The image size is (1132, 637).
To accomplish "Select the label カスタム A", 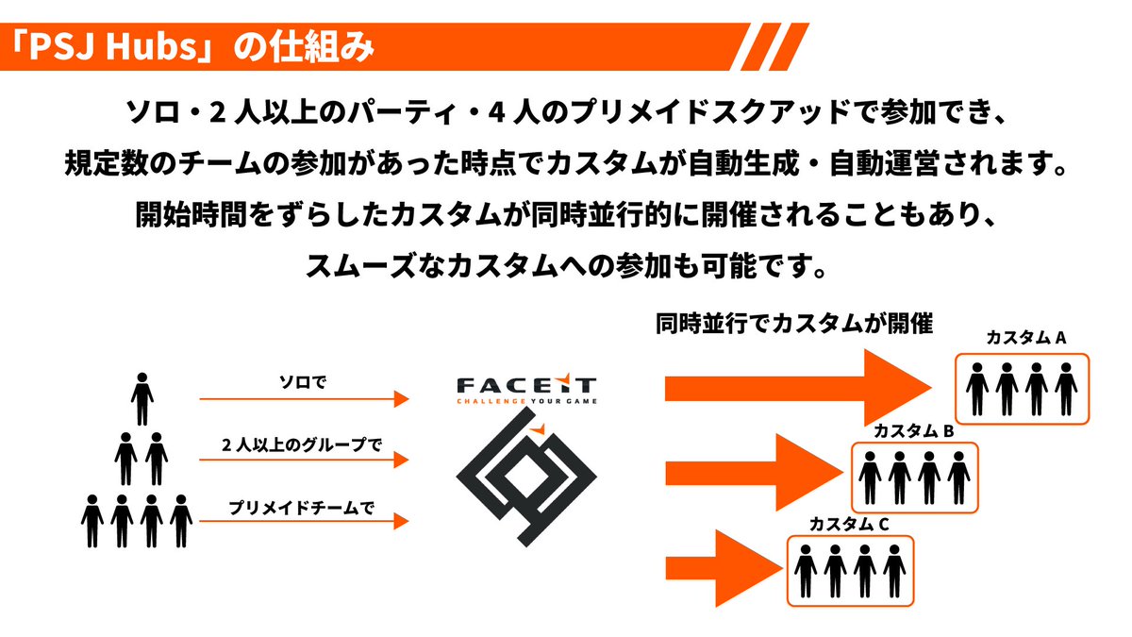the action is (1025, 338).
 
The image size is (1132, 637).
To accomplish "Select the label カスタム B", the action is (913, 430).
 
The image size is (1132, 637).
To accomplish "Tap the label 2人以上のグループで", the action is (302, 444).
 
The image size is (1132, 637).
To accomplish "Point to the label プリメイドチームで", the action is (302, 507).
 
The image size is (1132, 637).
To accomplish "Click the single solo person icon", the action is (141, 399).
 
